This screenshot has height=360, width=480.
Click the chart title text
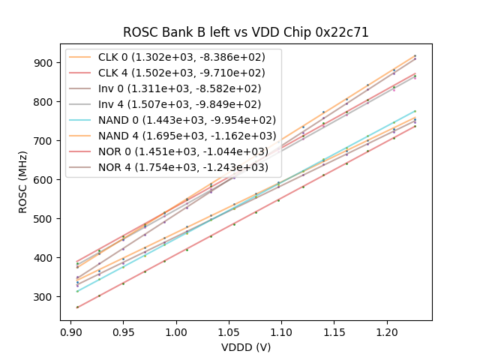pos(246,33)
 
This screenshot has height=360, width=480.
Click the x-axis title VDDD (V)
pos(246,347)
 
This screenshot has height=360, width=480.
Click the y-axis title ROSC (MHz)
pos(25,181)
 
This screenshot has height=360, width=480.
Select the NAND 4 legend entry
pos(190,136)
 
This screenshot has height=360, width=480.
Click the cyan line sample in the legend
pos(82,120)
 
